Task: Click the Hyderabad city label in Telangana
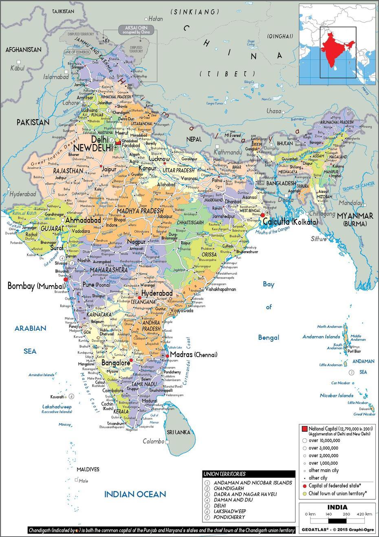tap(157, 293)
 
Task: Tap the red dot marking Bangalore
tap(131, 361)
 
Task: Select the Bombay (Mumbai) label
tap(36, 286)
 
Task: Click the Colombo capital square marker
tap(167, 442)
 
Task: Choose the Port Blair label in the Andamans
tap(354, 351)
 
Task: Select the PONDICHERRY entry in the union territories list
tap(229, 517)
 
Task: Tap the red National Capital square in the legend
tap(304, 429)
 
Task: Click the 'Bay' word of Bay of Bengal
tap(268, 284)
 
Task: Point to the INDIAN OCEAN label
tap(135, 494)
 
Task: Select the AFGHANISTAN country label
tap(23, 50)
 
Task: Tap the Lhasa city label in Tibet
tap(274, 111)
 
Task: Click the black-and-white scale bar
tap(337, 521)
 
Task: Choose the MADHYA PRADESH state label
tap(140, 211)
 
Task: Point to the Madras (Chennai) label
tap(193, 355)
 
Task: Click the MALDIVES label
tap(88, 470)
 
